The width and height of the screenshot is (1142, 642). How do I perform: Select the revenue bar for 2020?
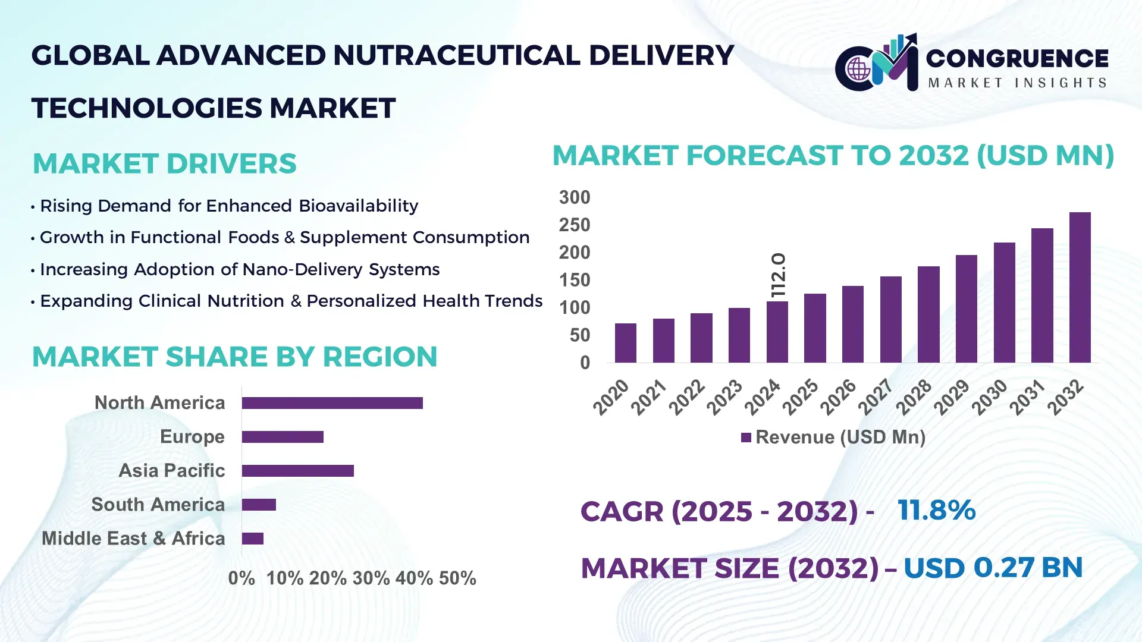(625, 343)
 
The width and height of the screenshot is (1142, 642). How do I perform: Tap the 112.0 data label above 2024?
(779, 275)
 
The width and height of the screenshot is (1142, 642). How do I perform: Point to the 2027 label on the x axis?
(876, 396)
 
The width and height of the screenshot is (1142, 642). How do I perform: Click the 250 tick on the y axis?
(574, 225)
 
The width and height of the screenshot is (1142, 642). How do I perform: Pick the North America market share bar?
(332, 403)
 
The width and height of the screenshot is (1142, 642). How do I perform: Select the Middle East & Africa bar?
(252, 539)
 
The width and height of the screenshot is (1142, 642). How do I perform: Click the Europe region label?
(192, 437)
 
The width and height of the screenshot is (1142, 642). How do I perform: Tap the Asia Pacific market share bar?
(297, 471)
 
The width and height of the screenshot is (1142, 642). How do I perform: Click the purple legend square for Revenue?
(746, 438)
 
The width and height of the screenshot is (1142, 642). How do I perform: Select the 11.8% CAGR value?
(936, 511)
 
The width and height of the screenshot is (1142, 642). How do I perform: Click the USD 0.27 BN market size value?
(993, 568)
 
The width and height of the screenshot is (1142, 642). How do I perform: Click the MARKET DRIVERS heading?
(164, 164)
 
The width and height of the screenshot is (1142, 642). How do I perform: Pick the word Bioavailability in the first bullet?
(358, 206)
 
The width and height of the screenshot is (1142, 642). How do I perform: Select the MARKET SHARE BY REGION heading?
(234, 357)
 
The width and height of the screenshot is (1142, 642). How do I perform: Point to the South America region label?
(158, 505)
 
